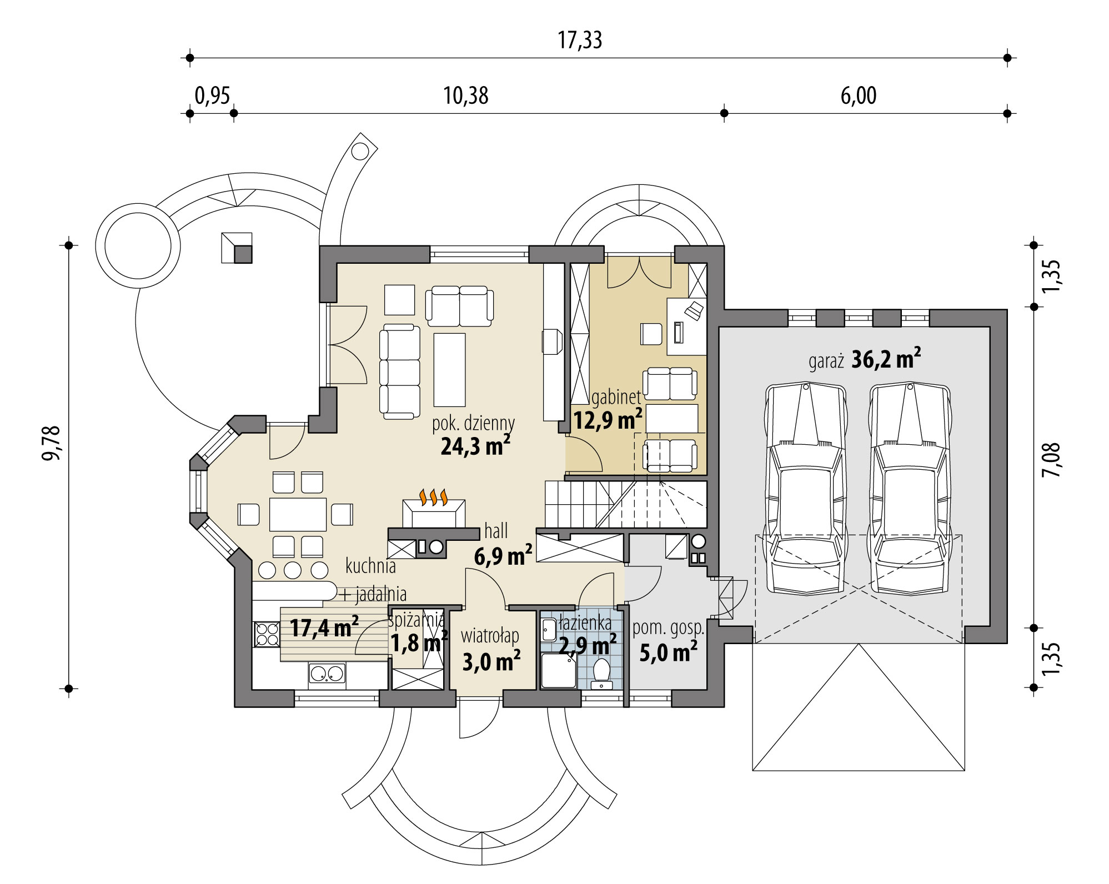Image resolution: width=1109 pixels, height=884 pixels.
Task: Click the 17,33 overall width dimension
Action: (x=580, y=41)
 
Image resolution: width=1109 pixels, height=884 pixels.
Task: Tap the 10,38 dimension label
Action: (x=465, y=96)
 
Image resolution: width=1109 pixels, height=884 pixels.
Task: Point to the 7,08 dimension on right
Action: (x=1051, y=460)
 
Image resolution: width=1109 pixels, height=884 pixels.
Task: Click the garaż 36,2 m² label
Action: (x=864, y=360)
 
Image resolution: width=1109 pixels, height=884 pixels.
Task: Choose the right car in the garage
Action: (x=909, y=488)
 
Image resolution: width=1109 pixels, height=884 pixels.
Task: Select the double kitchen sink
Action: (x=327, y=674)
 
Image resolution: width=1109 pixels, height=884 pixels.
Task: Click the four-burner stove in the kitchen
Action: (x=267, y=634)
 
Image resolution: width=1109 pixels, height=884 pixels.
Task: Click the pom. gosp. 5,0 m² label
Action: (x=668, y=641)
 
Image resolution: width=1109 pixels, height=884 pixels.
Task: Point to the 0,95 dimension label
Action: (x=212, y=96)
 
